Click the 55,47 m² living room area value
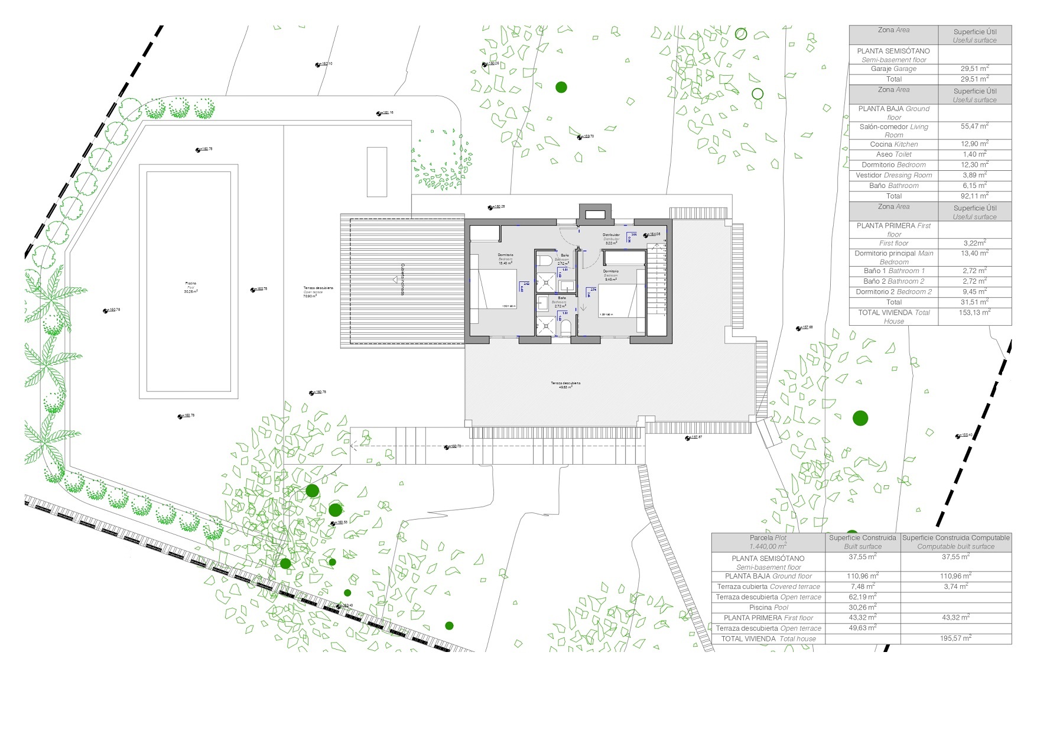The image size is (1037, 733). pos(974,127)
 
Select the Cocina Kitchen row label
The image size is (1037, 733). pos(893,144)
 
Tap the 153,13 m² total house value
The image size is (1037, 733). pos(974,313)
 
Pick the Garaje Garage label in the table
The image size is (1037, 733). pos(893,69)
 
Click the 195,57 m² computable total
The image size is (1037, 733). pos(955,638)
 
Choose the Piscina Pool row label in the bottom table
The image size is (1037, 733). pos(768,608)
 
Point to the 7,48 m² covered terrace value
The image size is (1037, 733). pos(862,586)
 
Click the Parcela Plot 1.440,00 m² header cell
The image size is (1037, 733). pos(768,542)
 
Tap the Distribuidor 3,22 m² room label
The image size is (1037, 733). pos(611,239)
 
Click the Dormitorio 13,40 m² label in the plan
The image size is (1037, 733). pos(505,259)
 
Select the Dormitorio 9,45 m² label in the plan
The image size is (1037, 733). pos(610,275)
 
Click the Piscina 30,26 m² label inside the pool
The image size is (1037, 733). pos(190,287)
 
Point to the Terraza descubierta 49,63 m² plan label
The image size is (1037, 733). pos(565,385)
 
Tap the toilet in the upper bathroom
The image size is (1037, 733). pos(545,261)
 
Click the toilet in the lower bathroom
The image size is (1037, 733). pos(564,327)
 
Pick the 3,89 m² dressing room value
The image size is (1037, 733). pos(974,176)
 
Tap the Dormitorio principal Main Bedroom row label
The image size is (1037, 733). pos(893,257)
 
